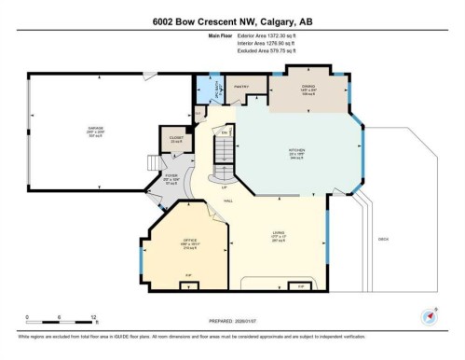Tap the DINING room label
[308, 87]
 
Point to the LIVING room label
[278, 232]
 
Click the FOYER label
[171, 173]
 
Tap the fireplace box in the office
[189, 274]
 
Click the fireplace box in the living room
[300, 284]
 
